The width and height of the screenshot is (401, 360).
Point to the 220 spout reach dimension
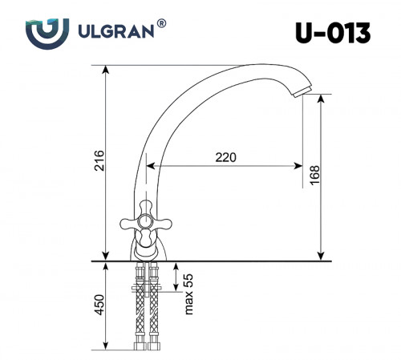(x=226, y=157)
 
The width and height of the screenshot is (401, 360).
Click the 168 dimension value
(x=314, y=176)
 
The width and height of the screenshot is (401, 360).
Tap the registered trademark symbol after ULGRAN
(x=162, y=25)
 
